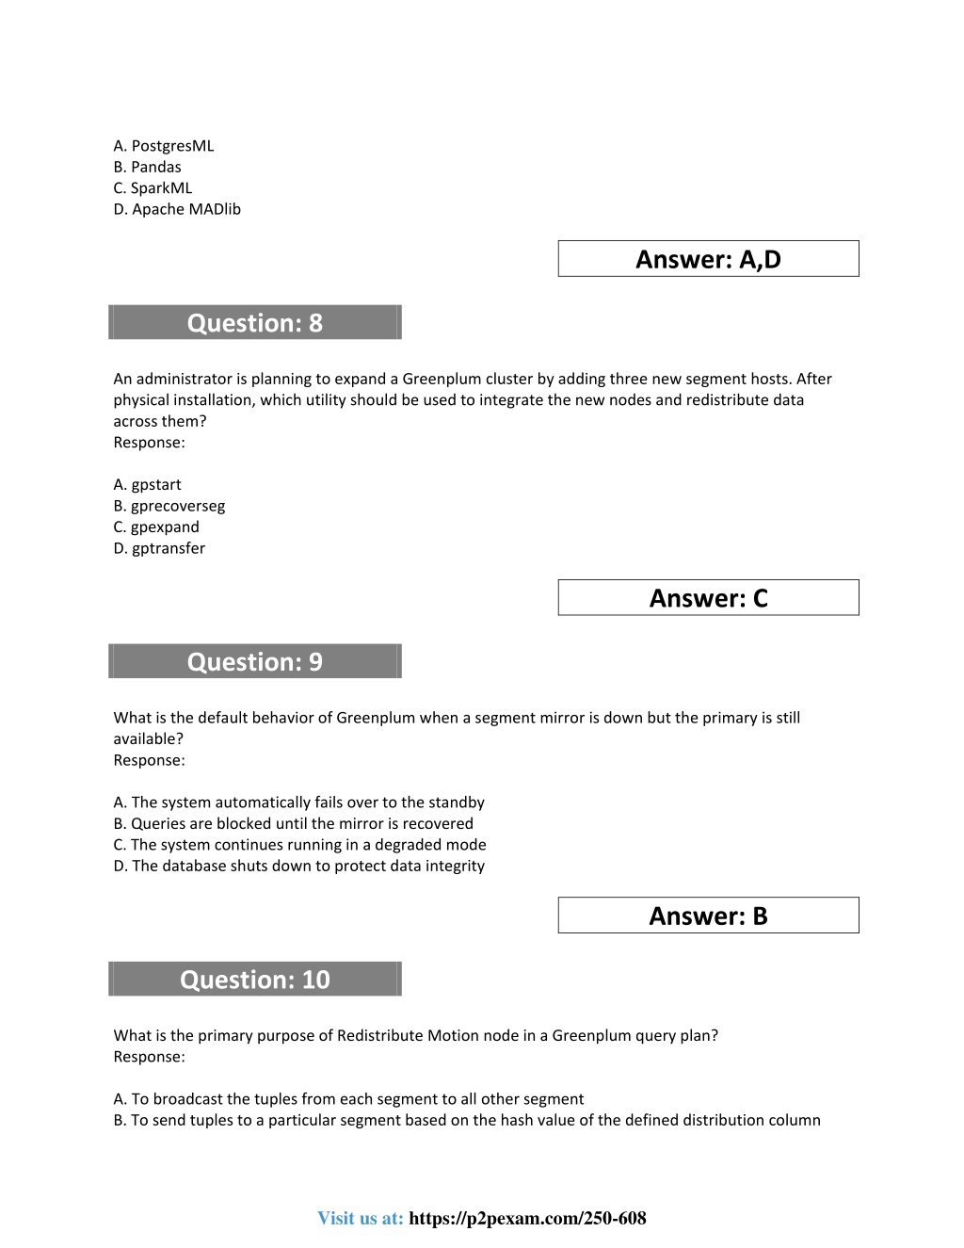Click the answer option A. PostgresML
(164, 146)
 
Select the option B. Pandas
(148, 167)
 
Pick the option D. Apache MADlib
(177, 209)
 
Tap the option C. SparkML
(153, 188)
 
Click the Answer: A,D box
(708, 259)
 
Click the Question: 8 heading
(255, 323)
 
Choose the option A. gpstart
(148, 485)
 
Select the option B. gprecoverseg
(169, 506)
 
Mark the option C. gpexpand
(156, 527)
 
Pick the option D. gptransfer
(159, 548)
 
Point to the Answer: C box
(708, 598)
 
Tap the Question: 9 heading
(255, 662)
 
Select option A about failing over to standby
(299, 802)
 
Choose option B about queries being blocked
(294, 824)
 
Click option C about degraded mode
(300, 845)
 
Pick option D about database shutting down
(299, 867)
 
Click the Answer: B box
(708, 916)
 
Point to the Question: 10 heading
(255, 980)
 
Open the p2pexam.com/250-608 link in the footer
(528, 1219)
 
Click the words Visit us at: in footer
(361, 1219)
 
